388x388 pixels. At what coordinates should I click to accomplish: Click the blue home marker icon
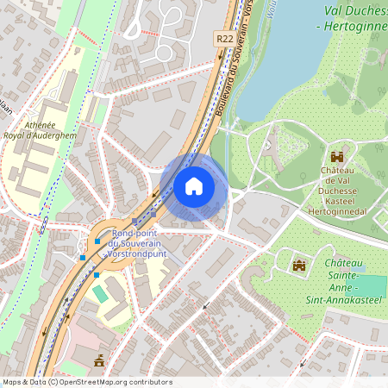pos(194,186)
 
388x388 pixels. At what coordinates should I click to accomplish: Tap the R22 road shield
pos(223,39)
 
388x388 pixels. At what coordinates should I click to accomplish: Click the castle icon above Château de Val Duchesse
pos(336,157)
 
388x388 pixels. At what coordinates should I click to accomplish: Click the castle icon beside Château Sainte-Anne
pos(299,264)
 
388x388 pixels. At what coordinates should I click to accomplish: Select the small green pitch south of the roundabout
pos(102,294)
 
